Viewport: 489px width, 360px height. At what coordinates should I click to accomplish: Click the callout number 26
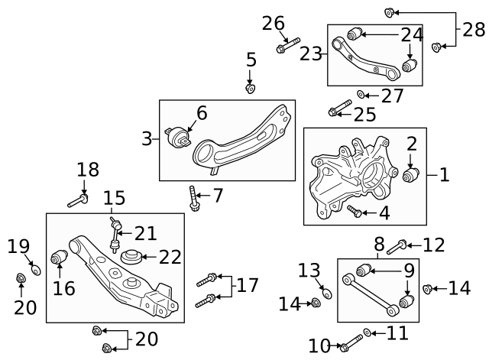click(274, 24)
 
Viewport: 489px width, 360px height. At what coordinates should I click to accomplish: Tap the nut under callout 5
click(250, 89)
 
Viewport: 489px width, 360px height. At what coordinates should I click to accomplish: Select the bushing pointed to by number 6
click(177, 138)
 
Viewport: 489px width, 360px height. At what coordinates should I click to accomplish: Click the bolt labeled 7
click(193, 199)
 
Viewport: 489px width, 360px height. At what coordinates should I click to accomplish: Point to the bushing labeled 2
click(411, 175)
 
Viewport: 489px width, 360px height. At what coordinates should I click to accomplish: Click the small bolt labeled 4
click(355, 211)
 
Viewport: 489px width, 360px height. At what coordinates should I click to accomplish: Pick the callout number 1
click(444, 175)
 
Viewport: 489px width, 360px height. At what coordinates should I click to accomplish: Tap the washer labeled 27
click(361, 94)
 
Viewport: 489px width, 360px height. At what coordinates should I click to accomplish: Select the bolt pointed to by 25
click(339, 108)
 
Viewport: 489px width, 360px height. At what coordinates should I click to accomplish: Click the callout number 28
click(474, 30)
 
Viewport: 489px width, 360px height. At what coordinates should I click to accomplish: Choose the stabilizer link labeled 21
click(115, 235)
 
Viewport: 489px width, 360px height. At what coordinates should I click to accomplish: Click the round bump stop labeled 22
click(131, 257)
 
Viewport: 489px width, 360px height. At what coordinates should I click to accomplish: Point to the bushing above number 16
click(60, 256)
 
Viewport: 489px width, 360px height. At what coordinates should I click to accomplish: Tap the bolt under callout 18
click(78, 200)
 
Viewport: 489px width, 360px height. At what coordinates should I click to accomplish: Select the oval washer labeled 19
click(36, 270)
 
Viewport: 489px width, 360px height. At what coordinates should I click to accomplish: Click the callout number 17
click(248, 285)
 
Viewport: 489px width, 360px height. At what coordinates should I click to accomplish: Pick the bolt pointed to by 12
click(397, 247)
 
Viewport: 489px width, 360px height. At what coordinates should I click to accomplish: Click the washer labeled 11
click(368, 332)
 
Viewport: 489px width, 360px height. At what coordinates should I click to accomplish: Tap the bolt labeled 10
click(351, 343)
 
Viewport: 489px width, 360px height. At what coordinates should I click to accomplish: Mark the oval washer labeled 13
click(327, 294)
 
